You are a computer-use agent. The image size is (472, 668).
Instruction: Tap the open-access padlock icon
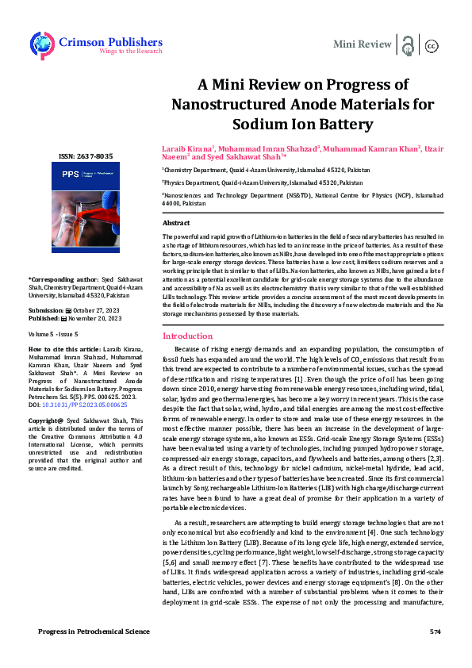pyautogui.click(x=408, y=44)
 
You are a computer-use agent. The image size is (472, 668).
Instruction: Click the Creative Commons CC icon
pyautogui.click(x=432, y=46)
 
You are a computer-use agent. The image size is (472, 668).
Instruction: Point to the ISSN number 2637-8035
pyautogui.click(x=86, y=156)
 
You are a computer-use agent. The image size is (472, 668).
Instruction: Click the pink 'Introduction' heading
pyautogui.click(x=187, y=358)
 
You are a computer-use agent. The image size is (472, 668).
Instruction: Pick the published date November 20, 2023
pyautogui.click(x=93, y=318)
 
